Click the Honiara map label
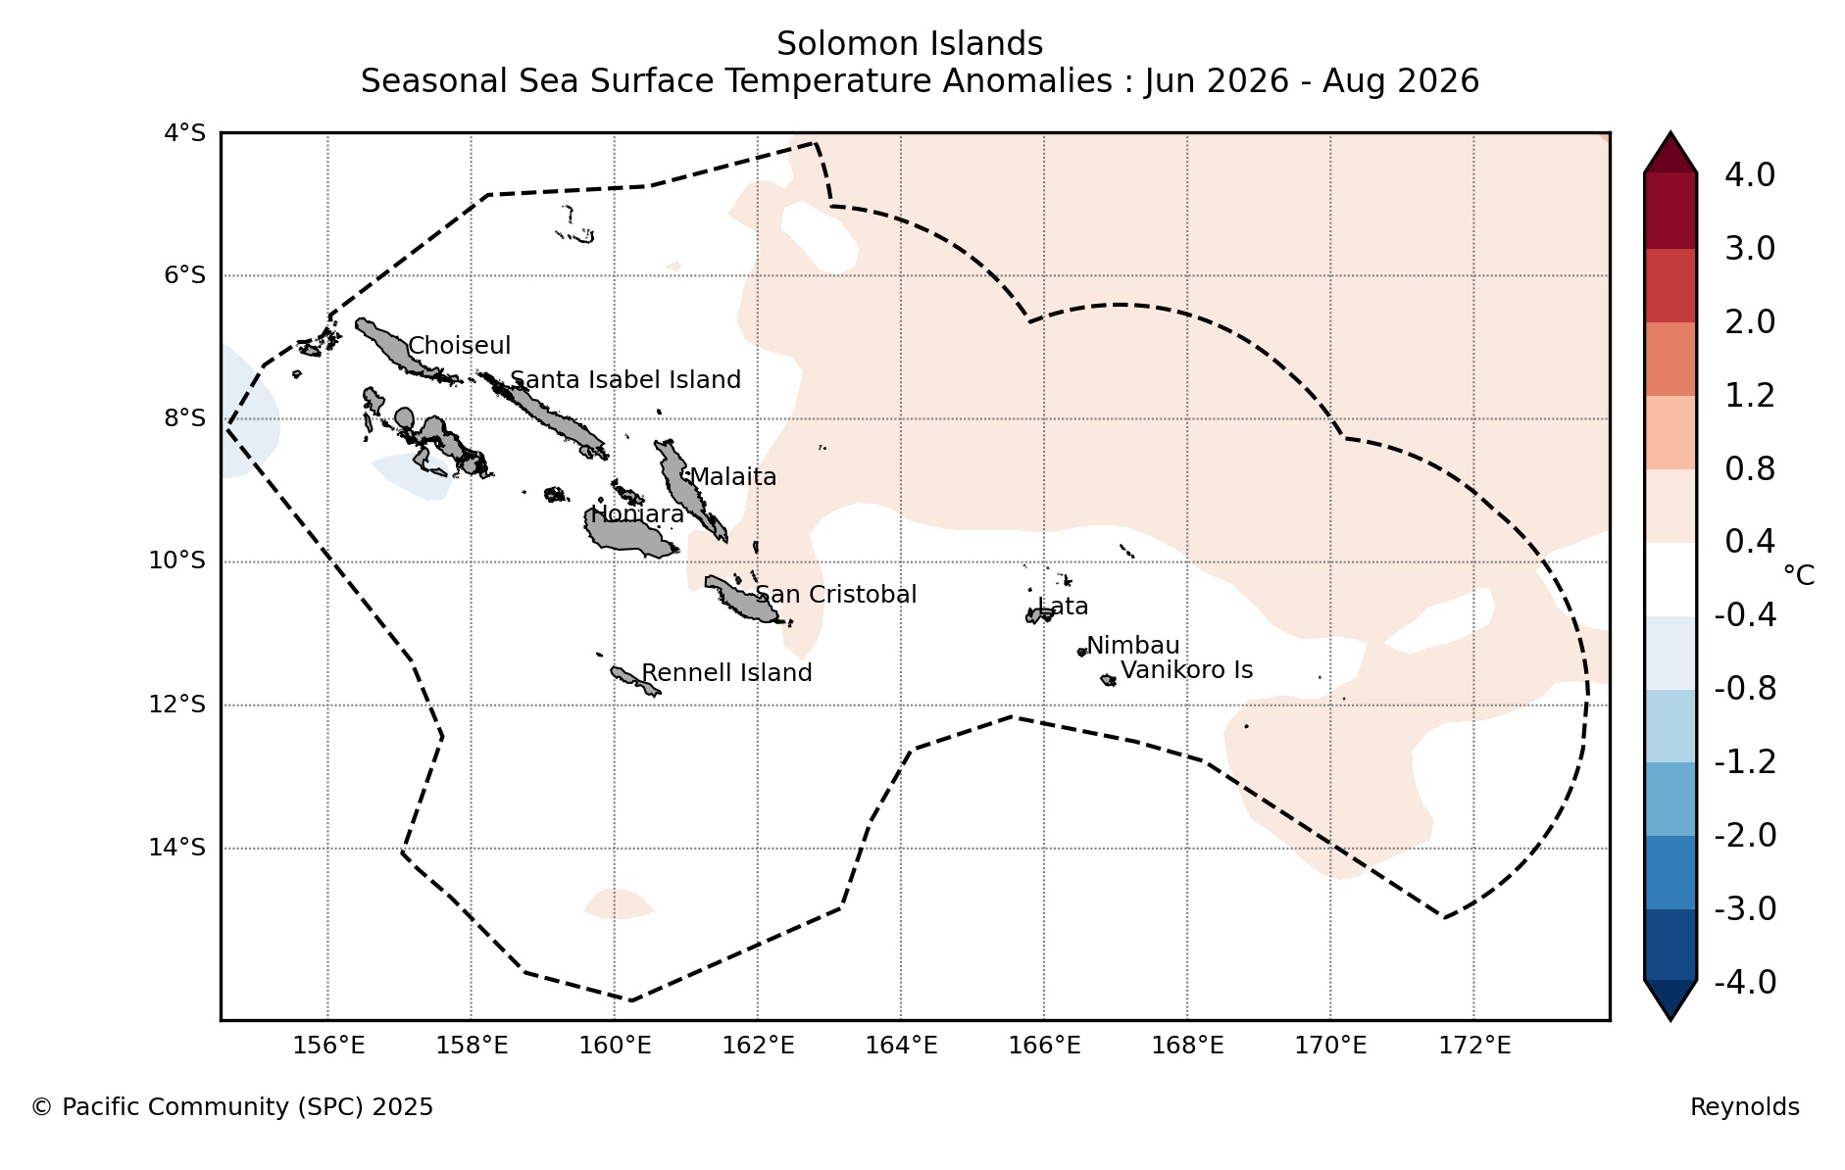(x=637, y=514)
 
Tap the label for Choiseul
(x=460, y=346)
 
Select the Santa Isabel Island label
(x=625, y=380)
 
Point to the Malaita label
(x=733, y=477)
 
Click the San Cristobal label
(x=836, y=595)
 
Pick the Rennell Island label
(x=726, y=673)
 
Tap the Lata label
(x=1063, y=607)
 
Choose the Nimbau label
(x=1133, y=646)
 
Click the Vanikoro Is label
(x=1187, y=670)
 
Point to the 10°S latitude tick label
(x=177, y=561)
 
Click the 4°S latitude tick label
(x=184, y=132)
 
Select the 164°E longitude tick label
(x=901, y=1046)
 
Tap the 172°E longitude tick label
(x=1474, y=1046)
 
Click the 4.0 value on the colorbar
(x=1750, y=175)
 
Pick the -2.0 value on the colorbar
(x=1745, y=836)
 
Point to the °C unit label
(x=1798, y=575)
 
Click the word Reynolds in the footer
(x=1745, y=1107)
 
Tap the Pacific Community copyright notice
(x=232, y=1107)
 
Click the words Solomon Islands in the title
(x=910, y=44)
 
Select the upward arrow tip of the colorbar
(x=1670, y=133)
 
